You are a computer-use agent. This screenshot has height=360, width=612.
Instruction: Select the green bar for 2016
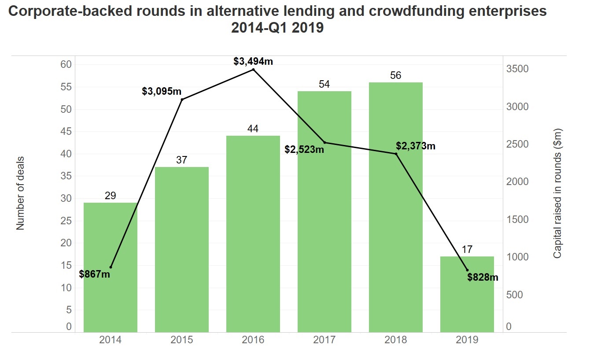[253, 234]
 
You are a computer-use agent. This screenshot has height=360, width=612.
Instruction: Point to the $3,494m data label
[253, 61]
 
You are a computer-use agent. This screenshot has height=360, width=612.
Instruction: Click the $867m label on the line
[95, 274]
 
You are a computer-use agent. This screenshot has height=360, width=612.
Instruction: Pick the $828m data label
[483, 277]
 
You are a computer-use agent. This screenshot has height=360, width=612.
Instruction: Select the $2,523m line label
[304, 149]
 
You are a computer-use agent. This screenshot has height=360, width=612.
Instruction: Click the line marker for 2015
[182, 99]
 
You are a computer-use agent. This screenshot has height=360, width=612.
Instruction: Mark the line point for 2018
[396, 154]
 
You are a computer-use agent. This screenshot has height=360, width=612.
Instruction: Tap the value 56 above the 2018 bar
[396, 75]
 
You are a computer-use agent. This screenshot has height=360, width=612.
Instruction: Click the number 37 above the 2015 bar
[182, 160]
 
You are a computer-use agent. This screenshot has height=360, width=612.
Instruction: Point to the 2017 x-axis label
[324, 340]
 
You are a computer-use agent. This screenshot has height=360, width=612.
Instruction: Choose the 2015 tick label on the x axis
[182, 340]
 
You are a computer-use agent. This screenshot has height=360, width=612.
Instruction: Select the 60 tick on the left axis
[66, 64]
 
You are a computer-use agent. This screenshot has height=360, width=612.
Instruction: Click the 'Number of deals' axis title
[20, 193]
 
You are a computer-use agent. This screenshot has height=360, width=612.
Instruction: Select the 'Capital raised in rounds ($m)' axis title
[557, 193]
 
